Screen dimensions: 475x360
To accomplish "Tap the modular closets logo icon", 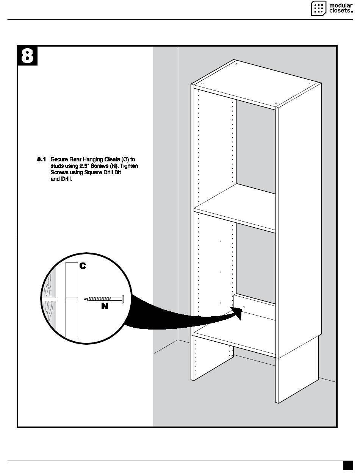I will point(318,8).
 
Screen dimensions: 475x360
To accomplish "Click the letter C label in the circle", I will point(83,266).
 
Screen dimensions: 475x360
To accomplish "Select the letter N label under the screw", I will point(105,306).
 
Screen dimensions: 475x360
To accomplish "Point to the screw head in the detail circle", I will point(123,299).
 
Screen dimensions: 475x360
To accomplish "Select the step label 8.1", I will point(41,160).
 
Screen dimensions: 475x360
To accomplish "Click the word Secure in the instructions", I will point(59,160).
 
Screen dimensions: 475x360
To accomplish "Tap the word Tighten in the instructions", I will point(129,166).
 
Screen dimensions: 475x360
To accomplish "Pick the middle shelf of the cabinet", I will point(235,208).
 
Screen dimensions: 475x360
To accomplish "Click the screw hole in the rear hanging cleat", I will point(244,306).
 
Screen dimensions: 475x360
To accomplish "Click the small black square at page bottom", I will point(347,465).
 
